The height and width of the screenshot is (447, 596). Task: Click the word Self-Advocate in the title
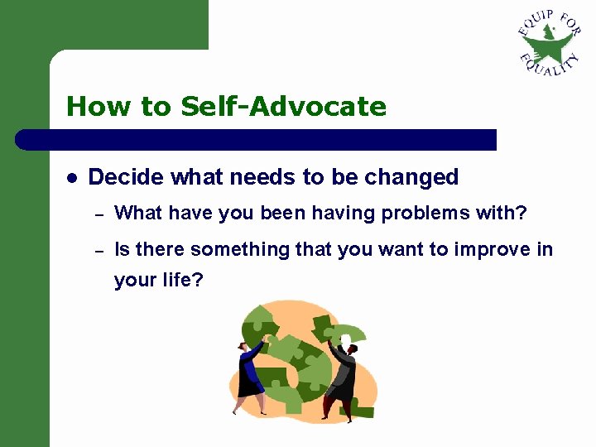[x=283, y=107]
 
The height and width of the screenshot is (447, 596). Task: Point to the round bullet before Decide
[x=72, y=178]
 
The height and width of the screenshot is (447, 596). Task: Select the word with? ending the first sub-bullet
[x=509, y=214]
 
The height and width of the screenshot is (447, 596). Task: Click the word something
[x=227, y=249]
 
